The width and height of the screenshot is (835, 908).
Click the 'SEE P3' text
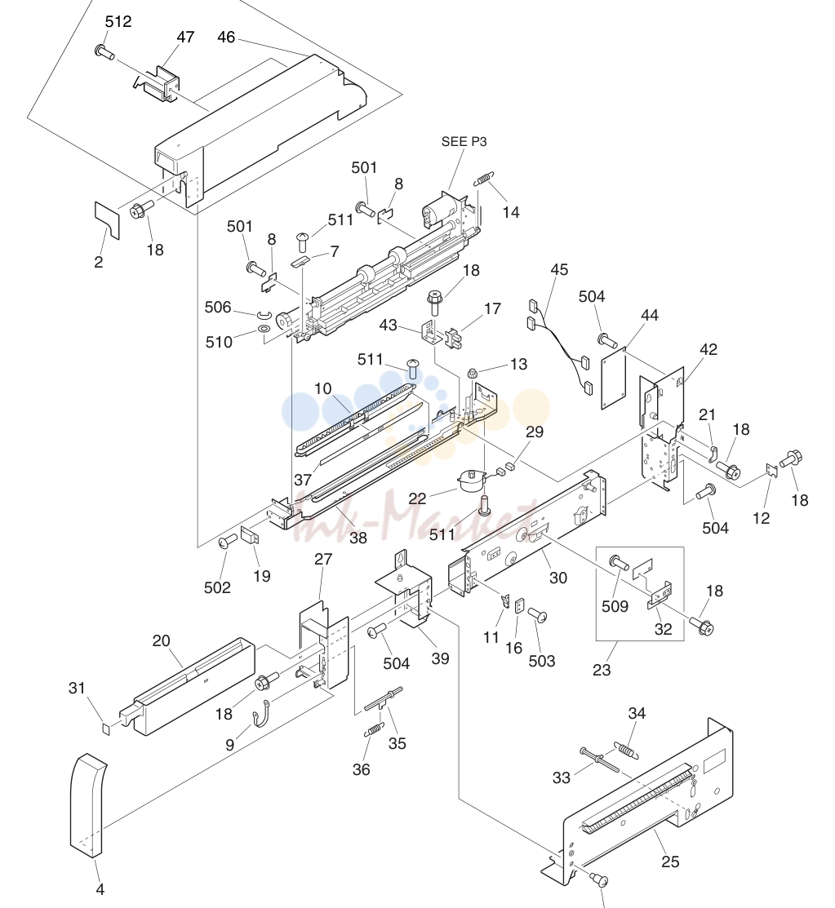point(464,141)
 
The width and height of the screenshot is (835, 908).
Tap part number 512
point(118,21)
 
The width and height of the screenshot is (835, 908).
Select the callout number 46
point(226,37)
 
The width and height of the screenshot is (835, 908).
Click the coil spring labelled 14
point(483,179)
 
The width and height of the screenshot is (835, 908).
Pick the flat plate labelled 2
point(107,220)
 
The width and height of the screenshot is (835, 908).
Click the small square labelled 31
point(106,728)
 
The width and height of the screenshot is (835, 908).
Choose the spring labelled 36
point(375,729)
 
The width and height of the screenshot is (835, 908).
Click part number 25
point(670,861)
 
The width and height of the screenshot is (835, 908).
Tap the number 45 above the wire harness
point(559,270)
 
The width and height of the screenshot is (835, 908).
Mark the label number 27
point(323,560)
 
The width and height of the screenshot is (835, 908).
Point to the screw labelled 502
point(227,541)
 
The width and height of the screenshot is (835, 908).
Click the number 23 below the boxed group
point(602,670)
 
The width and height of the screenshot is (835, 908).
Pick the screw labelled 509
point(618,562)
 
